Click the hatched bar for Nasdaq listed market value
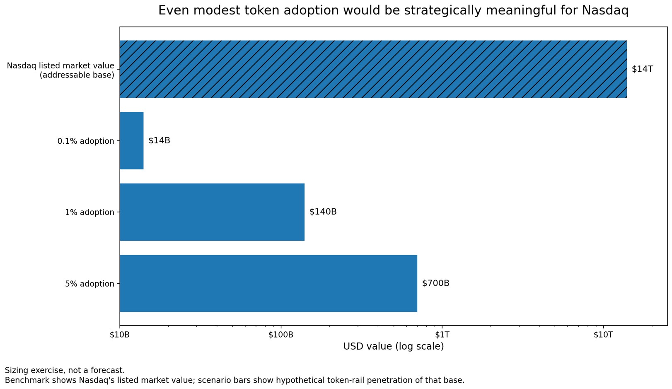[x=373, y=69]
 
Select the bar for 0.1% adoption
[x=132, y=140]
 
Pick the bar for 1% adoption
[x=212, y=212]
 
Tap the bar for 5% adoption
[x=268, y=283]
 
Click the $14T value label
[x=642, y=69]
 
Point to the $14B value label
[x=159, y=140]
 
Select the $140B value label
[x=323, y=212]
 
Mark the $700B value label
[x=435, y=283]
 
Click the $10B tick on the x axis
[x=120, y=335]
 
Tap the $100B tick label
[x=281, y=335]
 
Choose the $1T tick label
[x=442, y=335]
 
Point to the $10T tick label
[x=603, y=335]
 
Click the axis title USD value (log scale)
[x=393, y=346]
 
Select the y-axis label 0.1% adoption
[x=86, y=141]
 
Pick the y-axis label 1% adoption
[x=89, y=213]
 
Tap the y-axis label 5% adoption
[x=89, y=284]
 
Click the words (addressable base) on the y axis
[x=77, y=75]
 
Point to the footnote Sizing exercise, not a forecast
[x=65, y=370]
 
